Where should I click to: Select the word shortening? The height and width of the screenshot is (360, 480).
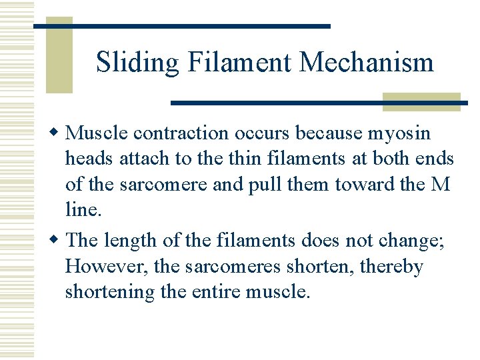pyautogui.click(x=109, y=293)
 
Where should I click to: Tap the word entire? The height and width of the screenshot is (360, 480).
pyautogui.click(x=215, y=293)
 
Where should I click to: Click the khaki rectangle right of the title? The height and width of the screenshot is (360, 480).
pyautogui.click(x=421, y=101)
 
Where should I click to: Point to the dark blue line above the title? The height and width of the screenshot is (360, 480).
pyautogui.click(x=181, y=26)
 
